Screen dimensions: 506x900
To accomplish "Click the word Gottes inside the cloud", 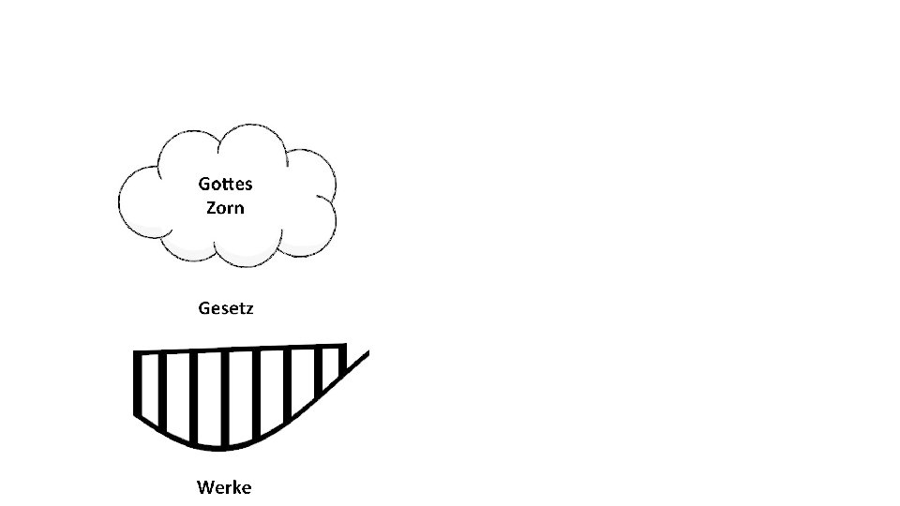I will click(225, 184).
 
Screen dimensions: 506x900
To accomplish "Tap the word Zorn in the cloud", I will click(225, 207).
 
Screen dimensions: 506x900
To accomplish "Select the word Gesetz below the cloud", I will click(225, 308).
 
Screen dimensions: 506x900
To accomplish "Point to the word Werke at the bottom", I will click(224, 487).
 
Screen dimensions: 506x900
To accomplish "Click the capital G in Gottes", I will click(204, 184).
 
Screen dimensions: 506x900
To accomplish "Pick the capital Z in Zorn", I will click(211, 207).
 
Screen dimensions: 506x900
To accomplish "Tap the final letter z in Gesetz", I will click(248, 309).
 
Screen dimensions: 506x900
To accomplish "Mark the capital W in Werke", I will click(205, 487).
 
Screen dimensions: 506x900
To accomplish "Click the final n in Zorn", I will click(239, 208).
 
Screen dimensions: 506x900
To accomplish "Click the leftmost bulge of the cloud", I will click(131, 201).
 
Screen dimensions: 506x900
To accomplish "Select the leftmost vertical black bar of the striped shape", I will click(138, 384).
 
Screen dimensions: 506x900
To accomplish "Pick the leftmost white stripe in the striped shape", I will click(150, 389).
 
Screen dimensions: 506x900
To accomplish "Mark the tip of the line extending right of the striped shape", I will click(367, 353).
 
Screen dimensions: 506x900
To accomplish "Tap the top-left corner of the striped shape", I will click(136, 353).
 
